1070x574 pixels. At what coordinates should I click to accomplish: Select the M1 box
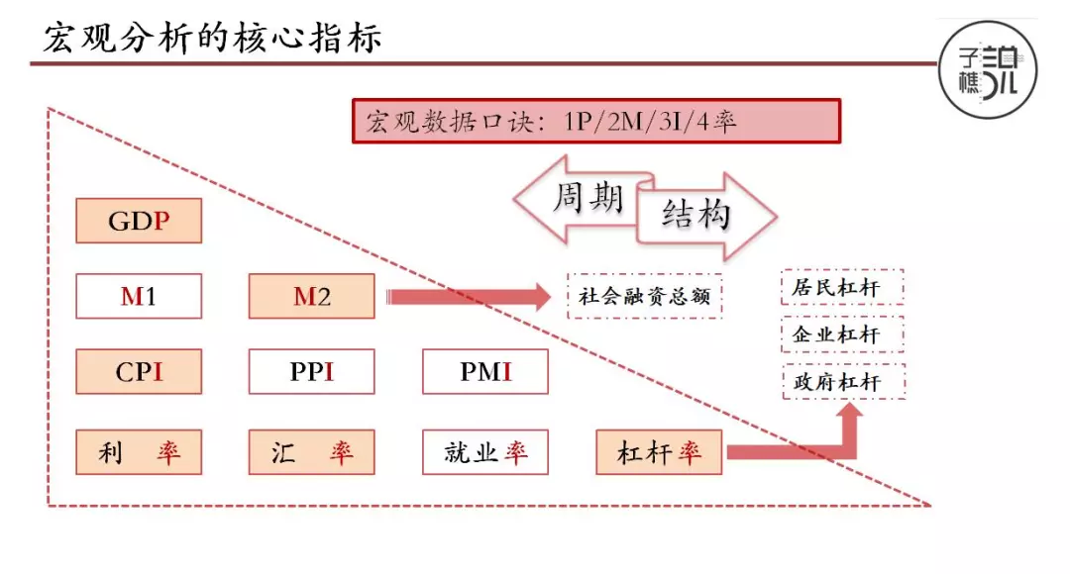pyautogui.click(x=139, y=296)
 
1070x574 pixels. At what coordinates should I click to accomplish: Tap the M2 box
pyautogui.click(x=311, y=296)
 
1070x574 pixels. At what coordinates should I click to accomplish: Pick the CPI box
pyautogui.click(x=139, y=372)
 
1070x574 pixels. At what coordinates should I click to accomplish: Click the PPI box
pyautogui.click(x=311, y=372)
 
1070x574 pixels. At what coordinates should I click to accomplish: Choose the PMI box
pyautogui.click(x=484, y=372)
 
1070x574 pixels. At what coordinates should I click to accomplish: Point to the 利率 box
pyautogui.click(x=139, y=452)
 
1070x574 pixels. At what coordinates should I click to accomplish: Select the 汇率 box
pyautogui.click(x=311, y=452)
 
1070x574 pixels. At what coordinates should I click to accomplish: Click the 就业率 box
pyautogui.click(x=484, y=452)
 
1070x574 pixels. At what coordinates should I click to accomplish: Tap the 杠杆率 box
pyautogui.click(x=659, y=452)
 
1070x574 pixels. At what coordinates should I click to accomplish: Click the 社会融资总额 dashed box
pyautogui.click(x=645, y=296)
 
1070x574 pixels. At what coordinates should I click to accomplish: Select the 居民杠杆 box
pyautogui.click(x=843, y=289)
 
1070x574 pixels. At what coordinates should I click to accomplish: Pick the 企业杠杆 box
pyautogui.click(x=843, y=335)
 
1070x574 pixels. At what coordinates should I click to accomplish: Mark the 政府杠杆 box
pyautogui.click(x=843, y=380)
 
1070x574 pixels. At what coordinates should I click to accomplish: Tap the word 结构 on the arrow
pyautogui.click(x=695, y=214)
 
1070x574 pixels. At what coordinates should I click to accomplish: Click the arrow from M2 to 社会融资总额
pyautogui.click(x=466, y=296)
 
